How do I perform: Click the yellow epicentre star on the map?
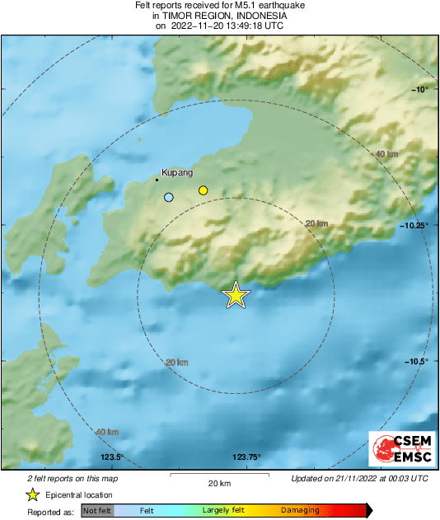click(236, 294)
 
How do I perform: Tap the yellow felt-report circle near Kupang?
click(203, 191)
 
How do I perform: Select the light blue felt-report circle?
click(169, 198)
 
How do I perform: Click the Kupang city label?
click(177, 173)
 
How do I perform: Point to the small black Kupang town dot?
click(157, 179)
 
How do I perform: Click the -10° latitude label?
click(420, 89)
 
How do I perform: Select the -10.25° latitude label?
click(416, 225)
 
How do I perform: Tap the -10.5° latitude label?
click(418, 362)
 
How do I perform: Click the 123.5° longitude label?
click(111, 457)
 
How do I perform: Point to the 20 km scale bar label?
click(219, 483)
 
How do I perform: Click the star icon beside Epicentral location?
click(32, 494)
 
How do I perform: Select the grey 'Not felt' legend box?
click(97, 510)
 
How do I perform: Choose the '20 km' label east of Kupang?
click(316, 223)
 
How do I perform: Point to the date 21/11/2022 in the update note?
click(363, 478)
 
